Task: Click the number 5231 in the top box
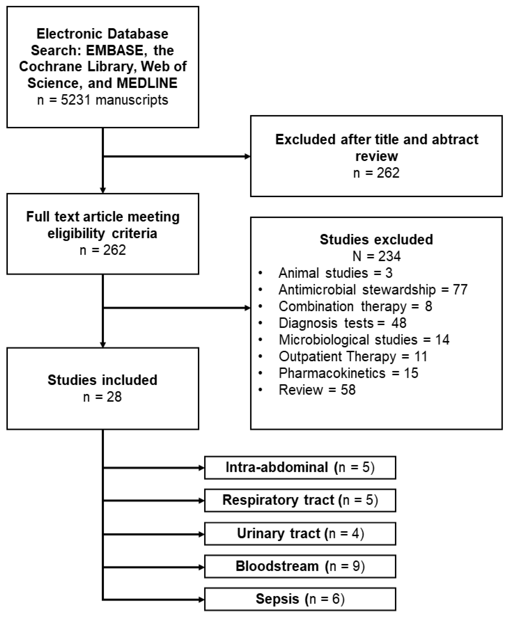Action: point(75,100)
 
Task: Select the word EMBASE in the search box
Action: point(114,50)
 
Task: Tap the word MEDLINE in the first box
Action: point(147,83)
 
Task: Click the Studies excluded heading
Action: point(376,239)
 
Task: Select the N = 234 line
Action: point(376,256)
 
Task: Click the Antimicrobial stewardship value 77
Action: point(460,289)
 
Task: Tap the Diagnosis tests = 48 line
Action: point(342,323)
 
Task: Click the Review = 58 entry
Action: point(317,390)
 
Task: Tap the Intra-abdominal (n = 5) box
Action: point(300,467)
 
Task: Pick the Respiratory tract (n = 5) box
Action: point(300,500)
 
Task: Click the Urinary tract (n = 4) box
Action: point(300,533)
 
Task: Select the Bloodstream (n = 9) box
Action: point(300,566)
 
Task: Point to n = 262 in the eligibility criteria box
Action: point(103,250)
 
